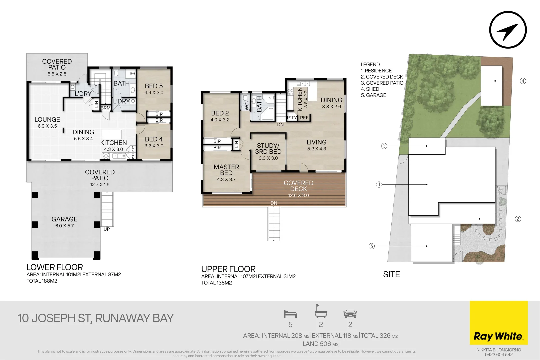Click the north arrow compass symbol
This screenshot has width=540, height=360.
508,30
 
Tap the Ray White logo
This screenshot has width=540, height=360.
498,336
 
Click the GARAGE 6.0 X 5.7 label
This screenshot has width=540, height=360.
64,222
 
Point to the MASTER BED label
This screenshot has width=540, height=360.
226,170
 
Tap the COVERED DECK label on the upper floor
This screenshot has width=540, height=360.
298,186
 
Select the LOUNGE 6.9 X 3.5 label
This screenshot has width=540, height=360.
47,122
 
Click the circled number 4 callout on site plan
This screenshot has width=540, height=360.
523,81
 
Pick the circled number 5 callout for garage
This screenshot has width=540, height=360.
372,246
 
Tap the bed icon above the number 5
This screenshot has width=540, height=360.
290,314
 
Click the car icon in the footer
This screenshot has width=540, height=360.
350,314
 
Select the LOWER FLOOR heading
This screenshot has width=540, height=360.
55,267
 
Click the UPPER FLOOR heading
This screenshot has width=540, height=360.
228,269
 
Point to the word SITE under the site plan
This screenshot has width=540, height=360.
391,274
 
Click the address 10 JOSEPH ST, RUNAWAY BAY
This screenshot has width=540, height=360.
96,318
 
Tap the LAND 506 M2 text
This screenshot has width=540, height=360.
320,344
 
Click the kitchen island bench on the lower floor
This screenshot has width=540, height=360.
112,134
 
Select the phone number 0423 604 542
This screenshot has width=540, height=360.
499,355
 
